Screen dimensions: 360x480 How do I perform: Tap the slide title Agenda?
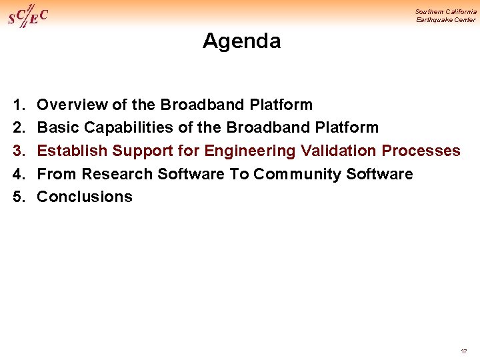coord(241,41)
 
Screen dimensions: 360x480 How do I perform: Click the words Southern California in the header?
coord(445,11)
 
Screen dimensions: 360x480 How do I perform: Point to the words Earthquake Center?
coord(446,20)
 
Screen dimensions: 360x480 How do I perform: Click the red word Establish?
coord(72,151)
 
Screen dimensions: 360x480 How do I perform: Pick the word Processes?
coord(421,151)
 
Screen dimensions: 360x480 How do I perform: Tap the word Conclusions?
coord(85,197)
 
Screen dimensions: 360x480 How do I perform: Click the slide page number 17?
coord(463,351)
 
